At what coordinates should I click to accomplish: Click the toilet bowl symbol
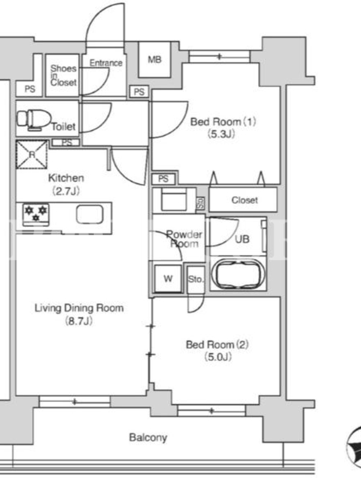[34, 119]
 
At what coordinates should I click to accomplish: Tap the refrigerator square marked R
[32, 155]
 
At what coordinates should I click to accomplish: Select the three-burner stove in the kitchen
[36, 214]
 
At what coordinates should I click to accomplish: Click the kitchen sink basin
[90, 214]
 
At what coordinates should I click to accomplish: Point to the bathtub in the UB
[238, 275]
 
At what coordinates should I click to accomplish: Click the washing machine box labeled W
[168, 278]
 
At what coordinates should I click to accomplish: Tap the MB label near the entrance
[155, 59]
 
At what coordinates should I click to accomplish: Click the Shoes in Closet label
[64, 75]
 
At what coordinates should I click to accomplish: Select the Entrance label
[106, 63]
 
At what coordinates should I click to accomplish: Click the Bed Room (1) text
[223, 122]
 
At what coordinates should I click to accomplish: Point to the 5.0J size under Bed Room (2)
[218, 357]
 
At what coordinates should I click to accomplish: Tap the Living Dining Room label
[79, 308]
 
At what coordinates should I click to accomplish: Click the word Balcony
[148, 438]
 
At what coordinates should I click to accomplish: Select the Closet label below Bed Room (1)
[244, 200]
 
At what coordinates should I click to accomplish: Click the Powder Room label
[184, 239]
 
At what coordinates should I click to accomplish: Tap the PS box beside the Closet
[164, 179]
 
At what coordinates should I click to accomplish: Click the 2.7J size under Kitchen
[66, 191]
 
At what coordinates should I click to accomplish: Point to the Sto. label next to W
[196, 279]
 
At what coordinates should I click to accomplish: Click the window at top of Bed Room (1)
[220, 57]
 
